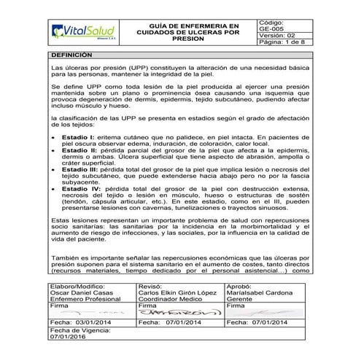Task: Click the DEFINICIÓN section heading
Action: click(71, 55)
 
